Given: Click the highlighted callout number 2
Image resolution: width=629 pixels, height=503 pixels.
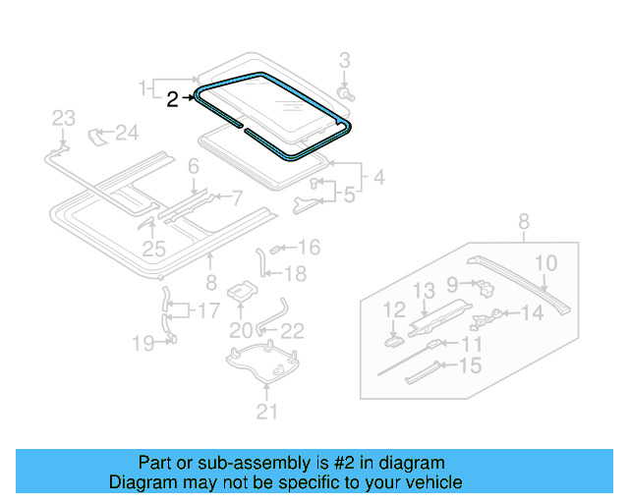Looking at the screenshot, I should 172,98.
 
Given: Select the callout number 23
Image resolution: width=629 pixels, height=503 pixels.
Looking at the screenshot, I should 63,119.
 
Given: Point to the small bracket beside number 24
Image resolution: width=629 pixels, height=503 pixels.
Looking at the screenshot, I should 98,135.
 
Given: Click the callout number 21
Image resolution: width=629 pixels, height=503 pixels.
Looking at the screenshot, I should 267,413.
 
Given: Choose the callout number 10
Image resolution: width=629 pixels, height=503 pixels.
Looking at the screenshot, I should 545,262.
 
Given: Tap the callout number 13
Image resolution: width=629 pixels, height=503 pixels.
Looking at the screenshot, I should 423,290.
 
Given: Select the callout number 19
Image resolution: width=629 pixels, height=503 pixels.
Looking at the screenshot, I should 143,343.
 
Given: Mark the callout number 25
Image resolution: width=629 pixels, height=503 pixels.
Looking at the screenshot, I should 153,249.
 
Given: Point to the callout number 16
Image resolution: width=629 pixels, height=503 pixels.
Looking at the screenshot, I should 309,248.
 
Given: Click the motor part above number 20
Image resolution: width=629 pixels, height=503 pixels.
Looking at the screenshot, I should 241,292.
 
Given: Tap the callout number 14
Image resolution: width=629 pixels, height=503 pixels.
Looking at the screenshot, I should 531,313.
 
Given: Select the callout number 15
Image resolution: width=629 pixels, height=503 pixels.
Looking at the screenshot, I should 471,366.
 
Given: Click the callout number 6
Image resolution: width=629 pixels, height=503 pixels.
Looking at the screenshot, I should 194,166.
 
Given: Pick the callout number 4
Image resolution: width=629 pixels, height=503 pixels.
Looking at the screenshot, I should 377,180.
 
